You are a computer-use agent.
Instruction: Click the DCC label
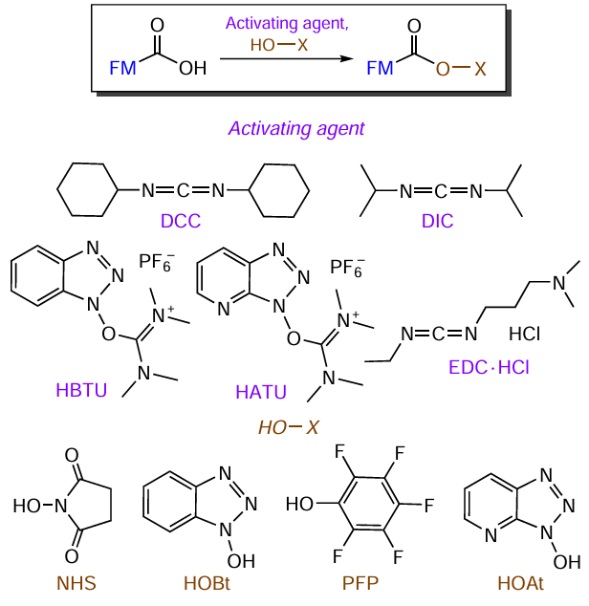coord(181,222)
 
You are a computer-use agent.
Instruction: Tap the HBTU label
coord(82,392)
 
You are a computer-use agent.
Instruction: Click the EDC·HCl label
coord(488,366)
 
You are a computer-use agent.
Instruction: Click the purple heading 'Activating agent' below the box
coord(295,127)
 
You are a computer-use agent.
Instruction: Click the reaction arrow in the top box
coord(283,59)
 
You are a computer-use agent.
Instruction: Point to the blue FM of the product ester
coord(380,69)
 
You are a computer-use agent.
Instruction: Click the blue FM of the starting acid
coord(122,69)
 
